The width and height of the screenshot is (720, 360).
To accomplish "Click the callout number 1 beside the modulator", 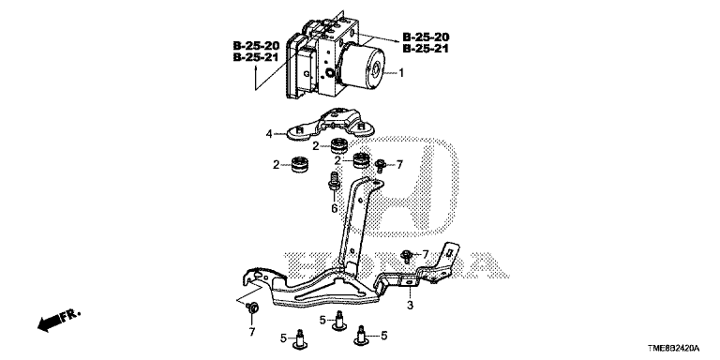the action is click(x=401, y=72).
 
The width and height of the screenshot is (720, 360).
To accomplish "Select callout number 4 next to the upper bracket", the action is click(x=269, y=134).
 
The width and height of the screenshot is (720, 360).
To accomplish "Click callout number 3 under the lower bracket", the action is click(x=410, y=305).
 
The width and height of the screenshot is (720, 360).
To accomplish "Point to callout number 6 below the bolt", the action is click(x=335, y=209).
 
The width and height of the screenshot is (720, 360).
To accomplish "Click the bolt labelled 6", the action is click(x=333, y=181).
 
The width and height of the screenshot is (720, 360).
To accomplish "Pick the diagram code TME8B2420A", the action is click(x=675, y=350).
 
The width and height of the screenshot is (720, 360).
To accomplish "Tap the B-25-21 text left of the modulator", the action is click(x=256, y=57).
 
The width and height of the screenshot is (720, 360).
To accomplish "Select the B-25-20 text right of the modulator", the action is click(x=426, y=37).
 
